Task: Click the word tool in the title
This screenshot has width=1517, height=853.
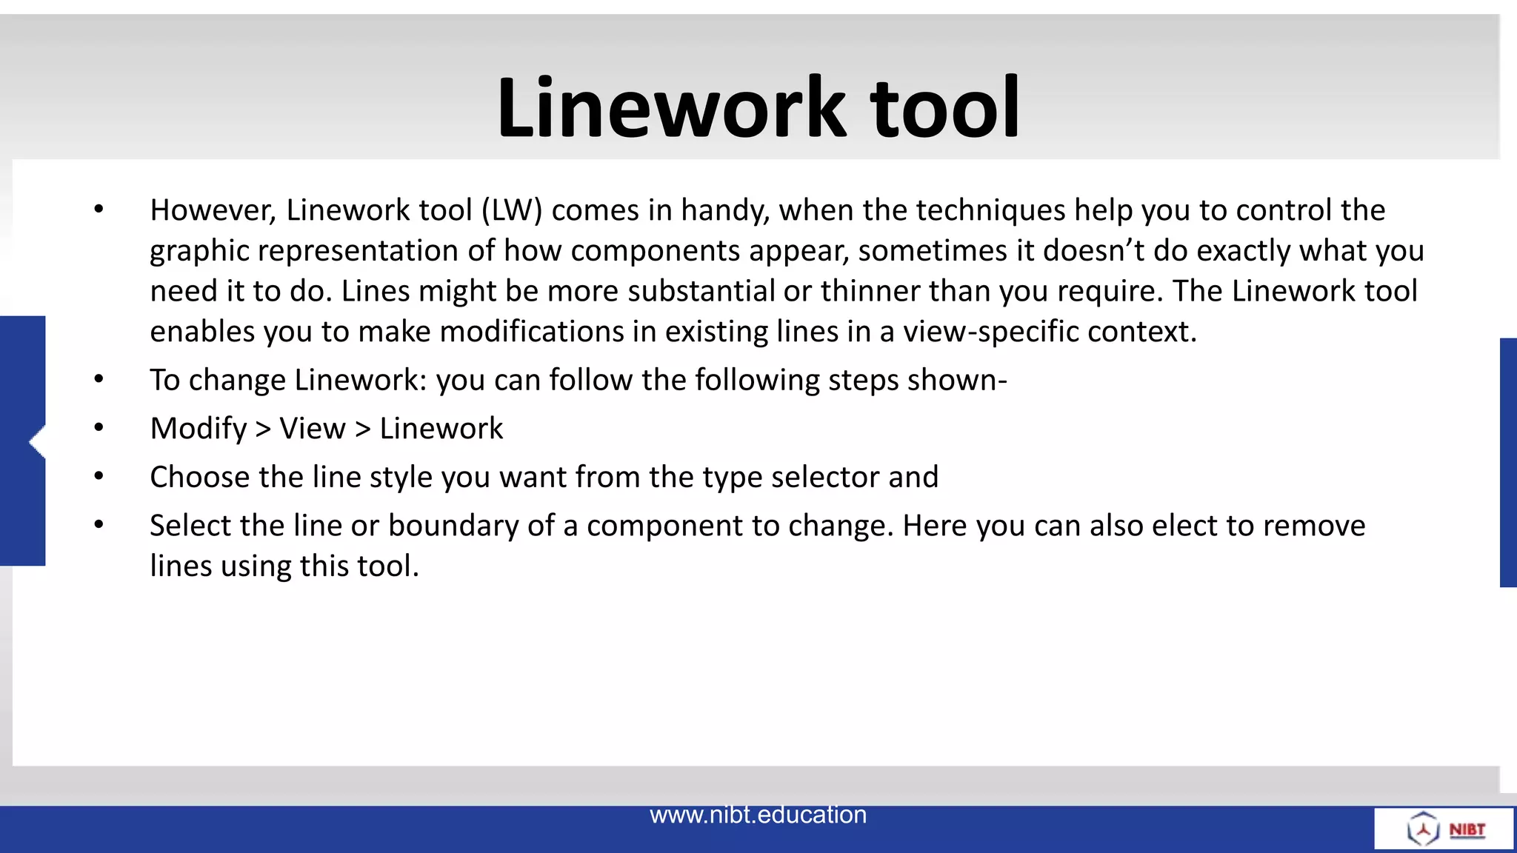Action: (x=944, y=108)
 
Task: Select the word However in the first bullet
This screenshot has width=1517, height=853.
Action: (x=213, y=210)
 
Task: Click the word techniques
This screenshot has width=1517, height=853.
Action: (x=991, y=210)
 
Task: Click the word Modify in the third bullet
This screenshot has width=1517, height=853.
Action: (x=199, y=429)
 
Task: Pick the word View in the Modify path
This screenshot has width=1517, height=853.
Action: (x=313, y=429)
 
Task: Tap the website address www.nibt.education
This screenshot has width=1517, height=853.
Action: (x=758, y=814)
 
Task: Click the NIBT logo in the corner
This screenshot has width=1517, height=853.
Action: (x=1445, y=829)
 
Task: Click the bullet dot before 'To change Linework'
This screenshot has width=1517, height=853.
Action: (x=99, y=380)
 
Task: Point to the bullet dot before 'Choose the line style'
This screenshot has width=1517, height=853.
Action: (x=99, y=477)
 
